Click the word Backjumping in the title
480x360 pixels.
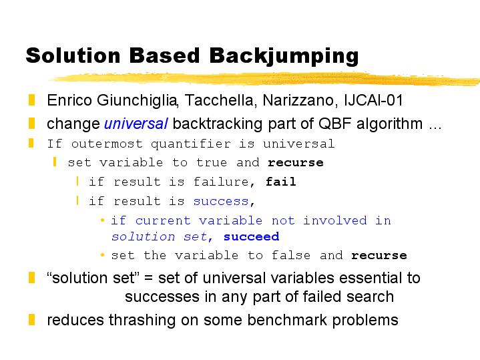[284, 56]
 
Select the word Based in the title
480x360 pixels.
[164, 55]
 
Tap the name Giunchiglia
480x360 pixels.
[137, 101]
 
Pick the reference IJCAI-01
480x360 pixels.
[374, 100]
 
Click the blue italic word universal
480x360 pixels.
[136, 124]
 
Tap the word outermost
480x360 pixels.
[107, 144]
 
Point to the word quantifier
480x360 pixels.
[191, 144]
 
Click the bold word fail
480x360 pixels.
[280, 182]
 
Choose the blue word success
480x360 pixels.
[221, 201]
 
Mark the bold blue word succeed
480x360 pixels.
[251, 236]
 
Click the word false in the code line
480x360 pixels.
[291, 255]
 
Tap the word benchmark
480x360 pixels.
[287, 320]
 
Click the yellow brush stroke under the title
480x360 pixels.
[265, 78]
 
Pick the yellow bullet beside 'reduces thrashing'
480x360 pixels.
[31, 319]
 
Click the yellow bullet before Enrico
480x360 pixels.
[31, 100]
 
